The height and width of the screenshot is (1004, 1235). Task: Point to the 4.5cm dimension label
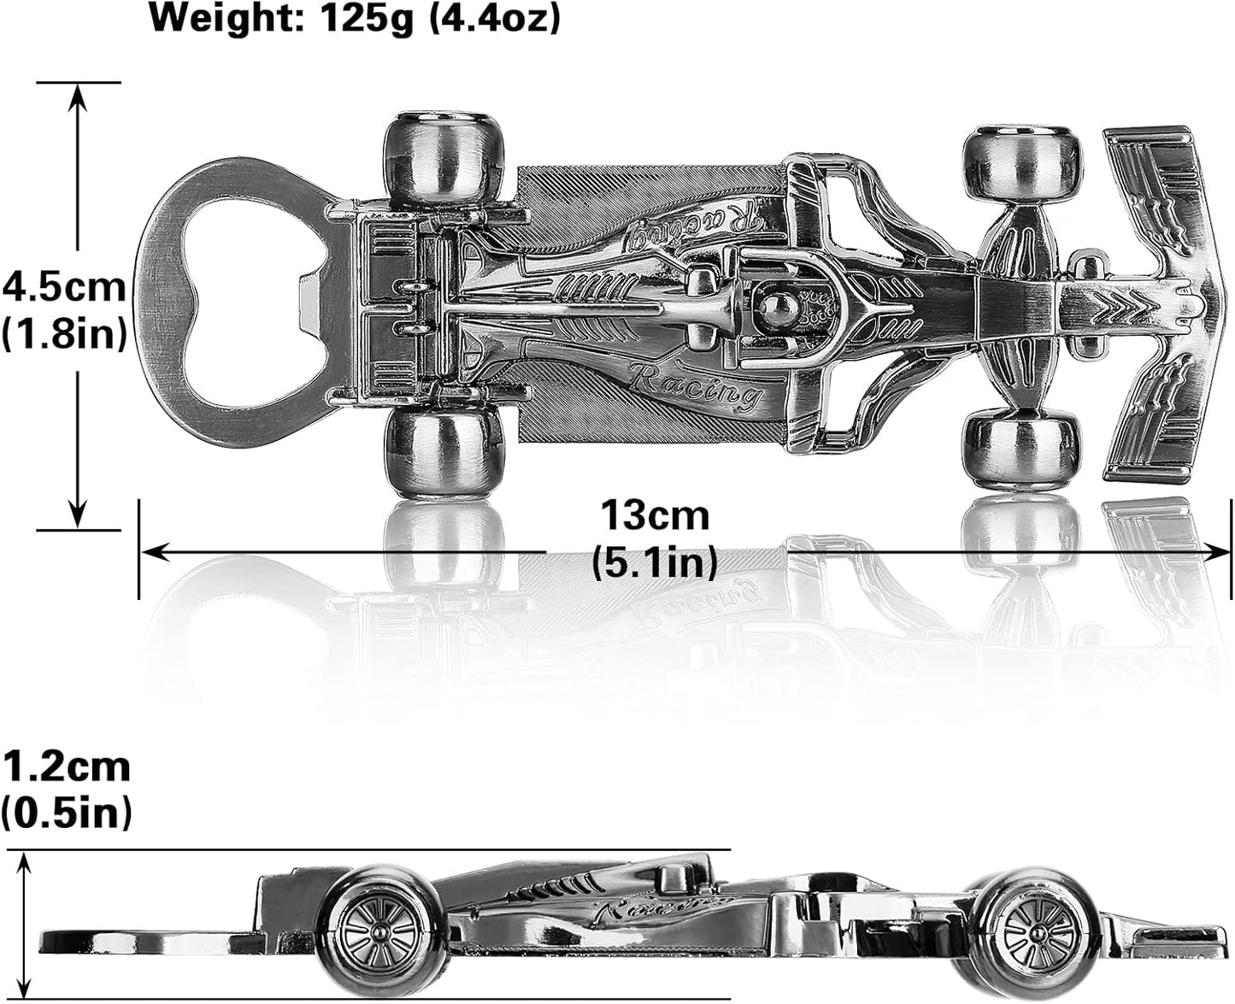click(x=64, y=286)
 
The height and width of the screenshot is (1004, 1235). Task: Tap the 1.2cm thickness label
click(x=67, y=766)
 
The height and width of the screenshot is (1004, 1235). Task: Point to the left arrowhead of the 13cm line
click(x=150, y=553)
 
